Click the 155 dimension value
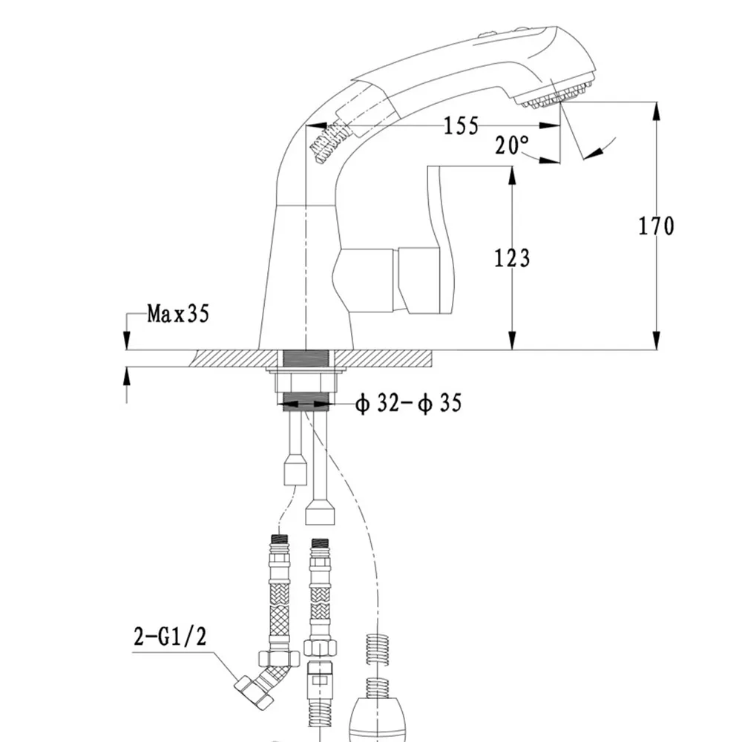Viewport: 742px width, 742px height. pos(461,125)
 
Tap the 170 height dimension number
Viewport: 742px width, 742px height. pos(657,226)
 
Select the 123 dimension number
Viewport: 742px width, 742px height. pos(512,258)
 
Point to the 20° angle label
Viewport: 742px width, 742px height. pos(512,145)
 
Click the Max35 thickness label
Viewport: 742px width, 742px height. pos(178,313)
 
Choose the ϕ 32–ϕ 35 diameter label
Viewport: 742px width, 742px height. pos(408,403)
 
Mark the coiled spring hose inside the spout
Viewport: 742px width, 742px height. pos(331,141)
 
